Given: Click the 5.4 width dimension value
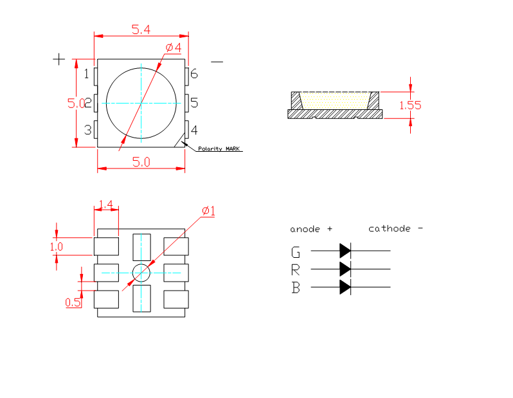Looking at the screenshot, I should [x=141, y=29].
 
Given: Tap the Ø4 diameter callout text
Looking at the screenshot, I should [x=173, y=48].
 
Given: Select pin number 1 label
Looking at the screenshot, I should [x=87, y=73].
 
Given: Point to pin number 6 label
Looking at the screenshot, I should [x=194, y=73].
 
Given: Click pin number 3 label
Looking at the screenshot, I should [x=87, y=130].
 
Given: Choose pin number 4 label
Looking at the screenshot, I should [x=194, y=130].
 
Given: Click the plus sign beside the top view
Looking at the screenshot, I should [x=59, y=59].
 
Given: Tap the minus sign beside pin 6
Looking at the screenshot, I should [x=217, y=62].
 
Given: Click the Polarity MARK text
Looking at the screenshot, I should [x=219, y=149].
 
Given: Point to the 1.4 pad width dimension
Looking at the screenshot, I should [x=106, y=205].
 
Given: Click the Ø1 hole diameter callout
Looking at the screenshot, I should [x=208, y=211].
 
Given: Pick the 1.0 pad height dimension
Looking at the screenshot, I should [x=56, y=246].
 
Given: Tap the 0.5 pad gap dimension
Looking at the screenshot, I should [x=73, y=302].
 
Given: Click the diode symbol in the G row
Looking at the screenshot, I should [x=345, y=250].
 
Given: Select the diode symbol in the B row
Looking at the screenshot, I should [x=345, y=287].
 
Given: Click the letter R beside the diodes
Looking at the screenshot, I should [x=296, y=269].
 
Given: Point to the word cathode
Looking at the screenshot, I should [x=389, y=229].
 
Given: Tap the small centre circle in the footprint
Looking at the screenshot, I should [x=141, y=273].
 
